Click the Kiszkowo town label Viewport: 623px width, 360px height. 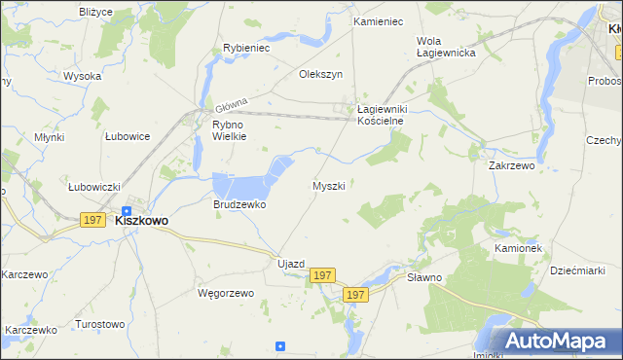(141, 221)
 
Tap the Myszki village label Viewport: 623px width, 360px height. (329, 185)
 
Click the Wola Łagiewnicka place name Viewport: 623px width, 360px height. (445, 47)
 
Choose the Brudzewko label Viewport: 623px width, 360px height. (239, 205)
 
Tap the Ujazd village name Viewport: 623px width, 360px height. (291, 265)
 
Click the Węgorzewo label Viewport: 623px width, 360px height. (225, 293)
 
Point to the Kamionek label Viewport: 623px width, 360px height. (517, 248)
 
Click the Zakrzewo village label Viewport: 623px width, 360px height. (512, 166)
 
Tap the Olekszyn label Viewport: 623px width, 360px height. (321, 74)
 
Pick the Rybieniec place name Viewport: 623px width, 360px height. (246, 47)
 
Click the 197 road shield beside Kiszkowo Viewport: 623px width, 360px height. (92, 221)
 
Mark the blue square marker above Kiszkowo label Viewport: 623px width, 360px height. (127, 209)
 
